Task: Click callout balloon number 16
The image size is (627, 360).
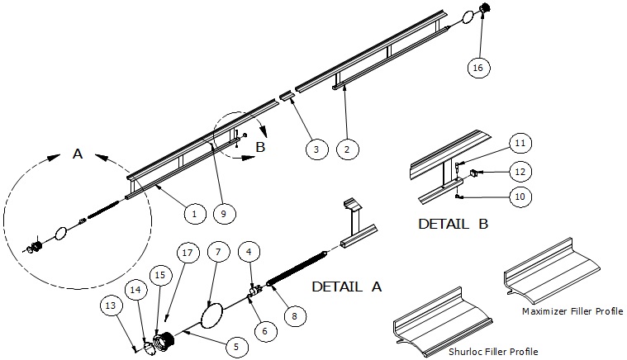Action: pos(477,68)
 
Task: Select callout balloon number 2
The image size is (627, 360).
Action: pos(349,149)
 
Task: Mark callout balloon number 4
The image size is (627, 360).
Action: pos(249,249)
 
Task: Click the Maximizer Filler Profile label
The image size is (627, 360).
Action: pos(572,311)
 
